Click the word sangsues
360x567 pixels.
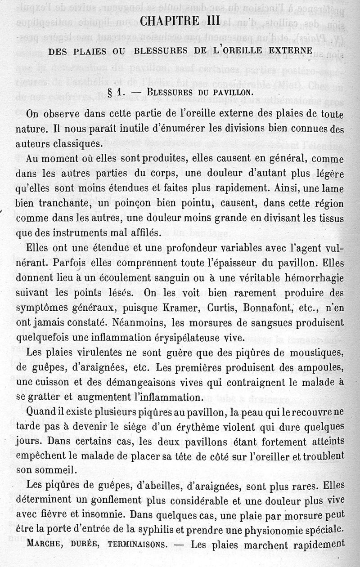point(270,323)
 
